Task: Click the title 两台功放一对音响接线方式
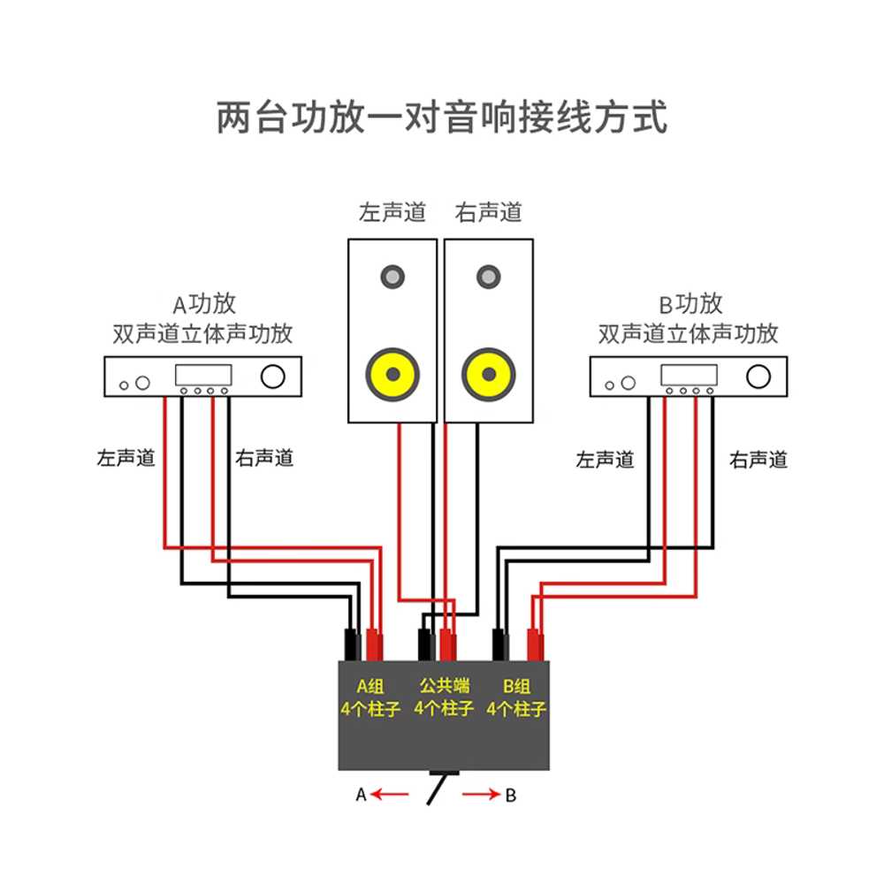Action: pos(442,118)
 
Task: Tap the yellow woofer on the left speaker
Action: pos(393,374)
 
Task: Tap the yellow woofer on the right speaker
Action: pos(489,374)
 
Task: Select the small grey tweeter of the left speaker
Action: pos(392,277)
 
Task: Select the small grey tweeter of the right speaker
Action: pos(488,277)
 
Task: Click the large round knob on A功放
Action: pos(273,377)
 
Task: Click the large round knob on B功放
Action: pos(758,377)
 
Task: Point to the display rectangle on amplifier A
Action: pos(203,375)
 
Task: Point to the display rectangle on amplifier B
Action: pos(689,375)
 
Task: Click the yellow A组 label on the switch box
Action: pos(370,686)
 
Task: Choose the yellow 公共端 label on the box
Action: pos(445,686)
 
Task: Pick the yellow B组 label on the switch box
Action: pos(516,686)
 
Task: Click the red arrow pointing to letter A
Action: pos(390,795)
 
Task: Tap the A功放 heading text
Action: pos(204,304)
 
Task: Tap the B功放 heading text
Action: pos(690,304)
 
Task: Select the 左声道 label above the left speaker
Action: pos(392,212)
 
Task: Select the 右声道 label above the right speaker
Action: pos(488,212)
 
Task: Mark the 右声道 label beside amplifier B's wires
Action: pos(758,460)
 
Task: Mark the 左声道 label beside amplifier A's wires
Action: pos(126,458)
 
